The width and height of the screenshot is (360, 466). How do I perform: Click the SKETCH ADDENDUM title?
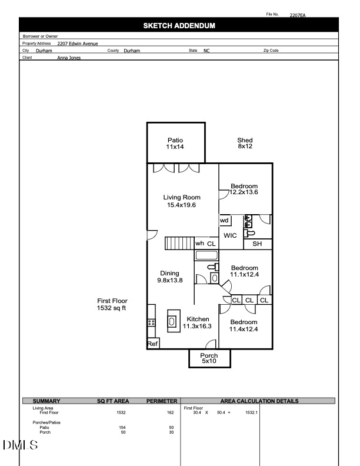click(179, 26)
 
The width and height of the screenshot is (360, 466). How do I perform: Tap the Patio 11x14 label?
click(175, 144)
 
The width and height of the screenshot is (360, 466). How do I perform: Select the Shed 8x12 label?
click(245, 144)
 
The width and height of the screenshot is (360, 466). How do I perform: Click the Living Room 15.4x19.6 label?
click(182, 201)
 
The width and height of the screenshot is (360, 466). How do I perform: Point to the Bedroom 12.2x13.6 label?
click(244, 189)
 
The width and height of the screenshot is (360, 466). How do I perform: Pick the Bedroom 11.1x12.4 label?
click(244, 271)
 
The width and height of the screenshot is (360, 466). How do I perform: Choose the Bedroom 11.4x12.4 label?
click(244, 325)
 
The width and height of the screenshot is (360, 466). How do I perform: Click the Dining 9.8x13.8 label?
click(169, 277)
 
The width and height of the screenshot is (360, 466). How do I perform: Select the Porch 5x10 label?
click(209, 358)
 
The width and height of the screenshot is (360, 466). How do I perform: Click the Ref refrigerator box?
click(152, 344)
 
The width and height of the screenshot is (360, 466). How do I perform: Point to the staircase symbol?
click(179, 244)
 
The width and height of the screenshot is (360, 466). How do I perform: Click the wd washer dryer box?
click(225, 221)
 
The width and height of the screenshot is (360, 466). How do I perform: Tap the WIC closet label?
click(230, 235)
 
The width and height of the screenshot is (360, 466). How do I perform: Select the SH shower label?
click(257, 244)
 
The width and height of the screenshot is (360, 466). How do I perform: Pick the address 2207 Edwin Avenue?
click(78, 44)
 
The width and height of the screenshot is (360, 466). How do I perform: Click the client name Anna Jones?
click(69, 58)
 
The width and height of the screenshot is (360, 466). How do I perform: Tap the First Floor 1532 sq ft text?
click(112, 304)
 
